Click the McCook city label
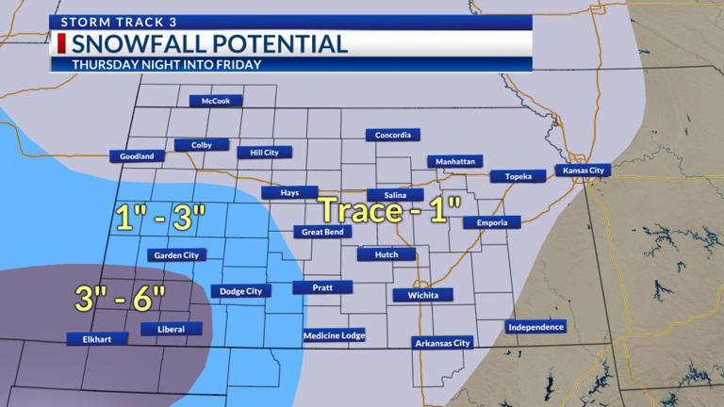coord(216,101)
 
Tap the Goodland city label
coord(137,156)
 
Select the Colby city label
coord(201,145)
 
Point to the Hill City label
coord(264,153)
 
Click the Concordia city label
coord(392,136)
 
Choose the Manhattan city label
coord(454,162)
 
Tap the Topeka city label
coord(518,176)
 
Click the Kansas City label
coord(583,171)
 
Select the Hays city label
coord(289,192)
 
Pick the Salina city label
coord(395,195)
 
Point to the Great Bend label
coord(321,232)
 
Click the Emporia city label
coord(491,222)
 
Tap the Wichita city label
coord(422,295)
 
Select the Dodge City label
coord(240,291)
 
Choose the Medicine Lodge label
coord(334,335)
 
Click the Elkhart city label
coord(97,338)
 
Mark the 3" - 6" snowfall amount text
coord(120,298)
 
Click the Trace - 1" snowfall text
coord(388,210)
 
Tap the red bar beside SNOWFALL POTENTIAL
coord(60,43)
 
